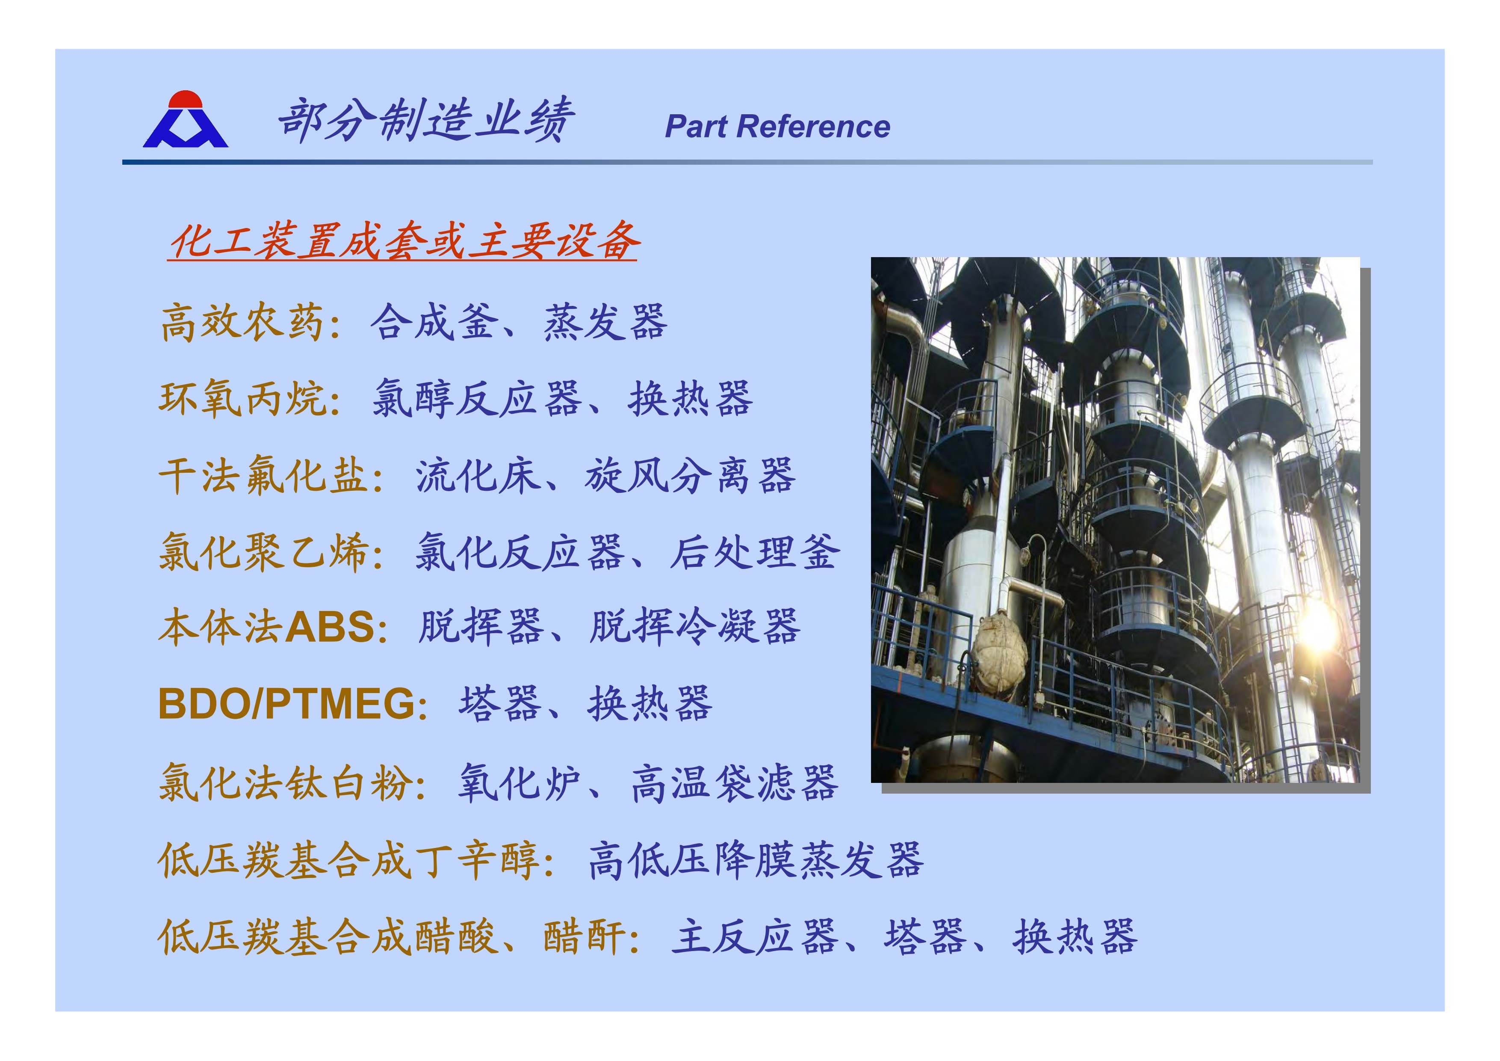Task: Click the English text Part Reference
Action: pyautogui.click(x=777, y=127)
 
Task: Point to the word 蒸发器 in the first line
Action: pyautogui.click(x=605, y=322)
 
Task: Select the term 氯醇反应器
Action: pyautogui.click(x=477, y=399)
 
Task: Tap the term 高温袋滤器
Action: pyautogui.click(x=734, y=782)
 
